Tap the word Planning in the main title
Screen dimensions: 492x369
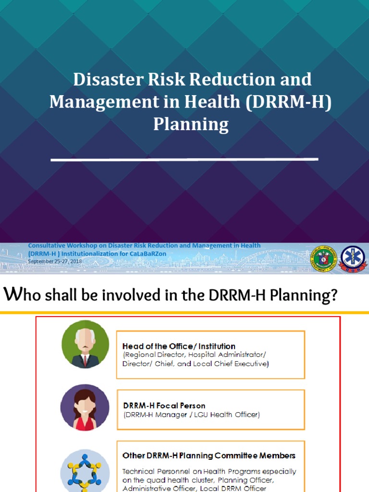(x=191, y=124)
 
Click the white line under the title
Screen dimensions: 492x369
(x=184, y=159)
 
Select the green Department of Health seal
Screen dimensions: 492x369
(x=322, y=259)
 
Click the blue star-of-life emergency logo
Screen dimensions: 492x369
(x=353, y=258)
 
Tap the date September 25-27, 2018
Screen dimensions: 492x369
(x=55, y=261)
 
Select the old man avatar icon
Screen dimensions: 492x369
(x=85, y=344)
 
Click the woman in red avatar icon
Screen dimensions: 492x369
(x=85, y=407)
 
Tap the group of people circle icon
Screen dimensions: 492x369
(x=85, y=471)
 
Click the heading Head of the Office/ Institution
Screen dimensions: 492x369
(x=179, y=346)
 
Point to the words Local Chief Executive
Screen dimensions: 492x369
(x=235, y=364)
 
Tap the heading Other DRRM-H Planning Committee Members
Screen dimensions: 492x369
(x=209, y=455)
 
